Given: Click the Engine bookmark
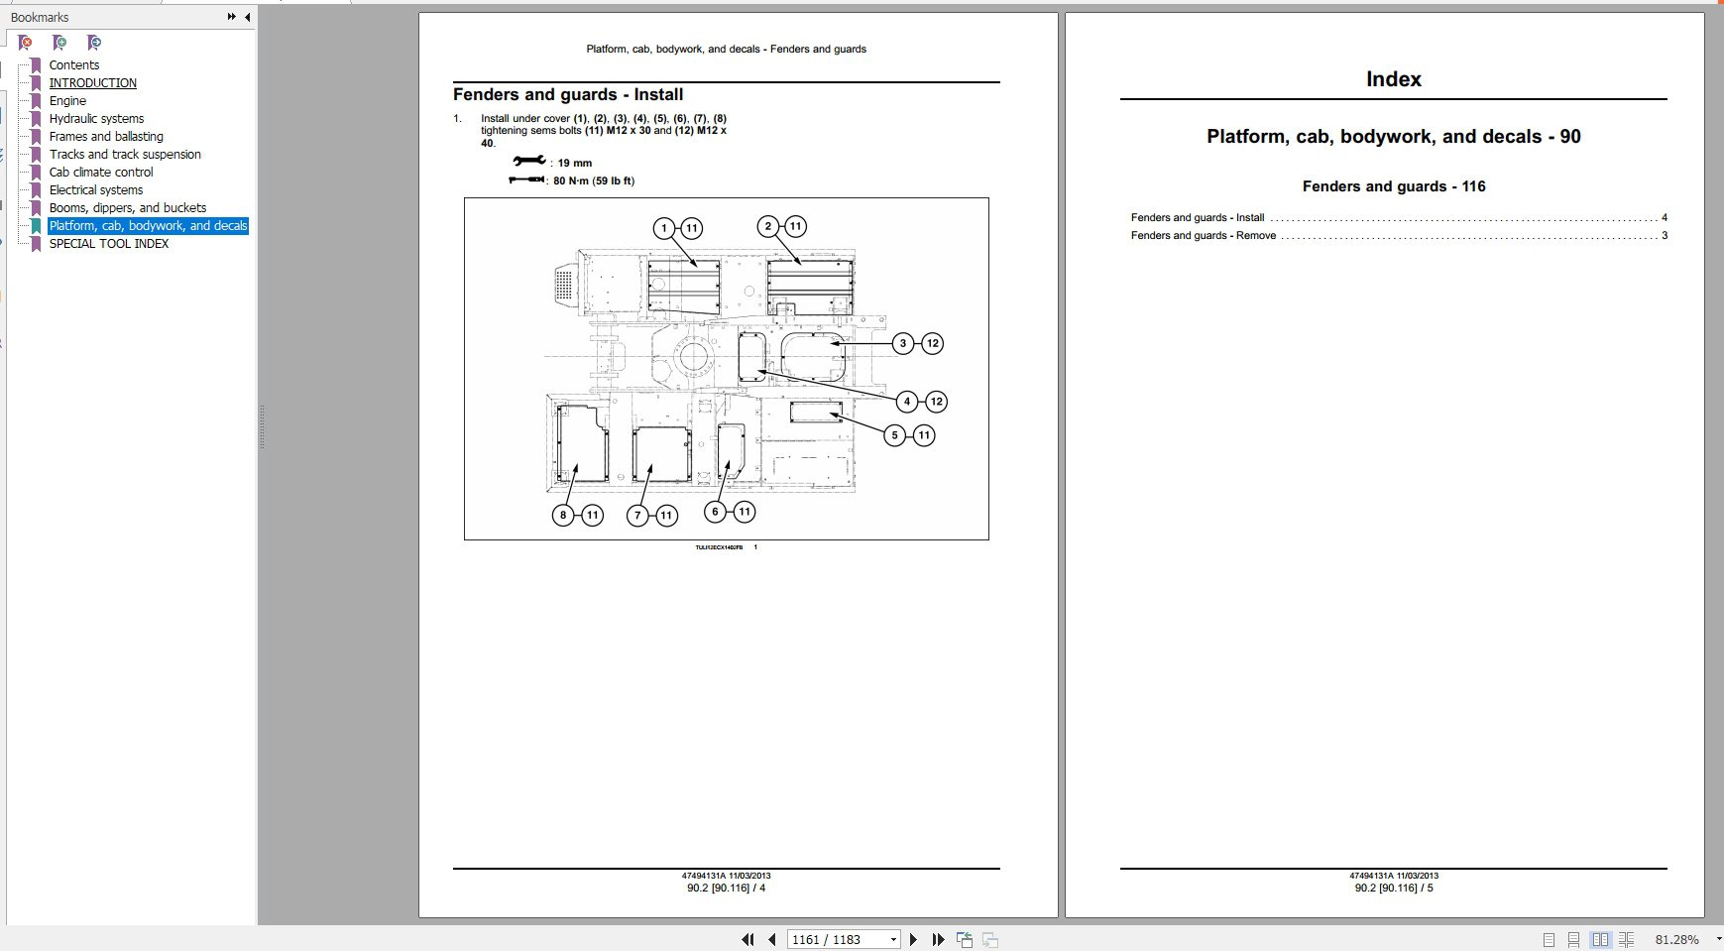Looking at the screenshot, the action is coord(67,101).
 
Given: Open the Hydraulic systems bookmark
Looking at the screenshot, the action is coord(96,119).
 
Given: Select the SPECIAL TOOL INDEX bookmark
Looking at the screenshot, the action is coord(108,244).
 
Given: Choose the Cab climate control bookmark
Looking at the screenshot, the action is coord(101,173).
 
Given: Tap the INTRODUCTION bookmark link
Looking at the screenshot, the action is coord(92,83).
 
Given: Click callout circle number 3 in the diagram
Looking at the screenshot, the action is coord(902,343).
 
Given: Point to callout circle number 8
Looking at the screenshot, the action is coord(563,515).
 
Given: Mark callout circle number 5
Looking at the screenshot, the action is coord(894,434).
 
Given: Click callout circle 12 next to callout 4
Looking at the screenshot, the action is coord(936,402).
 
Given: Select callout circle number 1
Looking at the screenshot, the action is coord(664,228).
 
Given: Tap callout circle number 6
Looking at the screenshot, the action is coord(715,512).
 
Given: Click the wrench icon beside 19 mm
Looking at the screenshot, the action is coord(528,162).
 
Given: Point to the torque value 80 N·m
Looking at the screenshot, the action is coord(593,180).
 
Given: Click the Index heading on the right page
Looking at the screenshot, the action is coord(1393,79).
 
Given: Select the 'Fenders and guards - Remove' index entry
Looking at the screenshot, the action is coord(1203,236).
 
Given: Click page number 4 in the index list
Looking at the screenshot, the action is coord(1665,218).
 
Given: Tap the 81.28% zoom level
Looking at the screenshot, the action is coord(1676,939).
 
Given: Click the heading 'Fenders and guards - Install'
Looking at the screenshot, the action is coord(567,95).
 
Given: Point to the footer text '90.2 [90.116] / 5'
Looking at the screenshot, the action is coord(1394,888).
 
